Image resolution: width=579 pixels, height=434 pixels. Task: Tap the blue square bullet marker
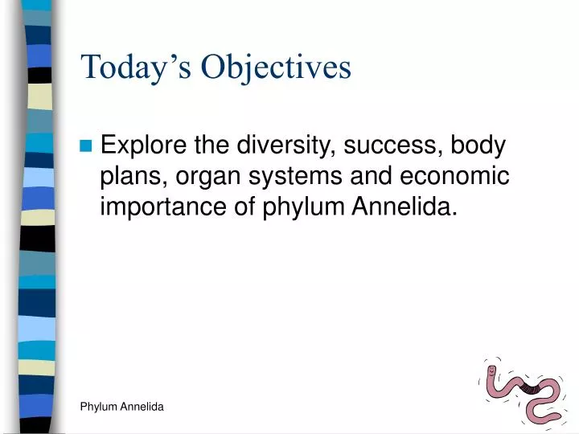[x=87, y=146]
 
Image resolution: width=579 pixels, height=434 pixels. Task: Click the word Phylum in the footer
[x=99, y=407]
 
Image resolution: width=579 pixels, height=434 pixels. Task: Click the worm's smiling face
[x=492, y=372]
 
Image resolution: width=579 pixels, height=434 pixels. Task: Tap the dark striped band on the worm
[x=530, y=390]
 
